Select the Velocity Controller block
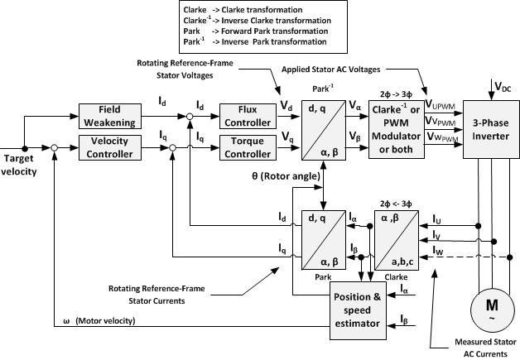[x=111, y=146]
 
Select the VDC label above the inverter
[x=502, y=86]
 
